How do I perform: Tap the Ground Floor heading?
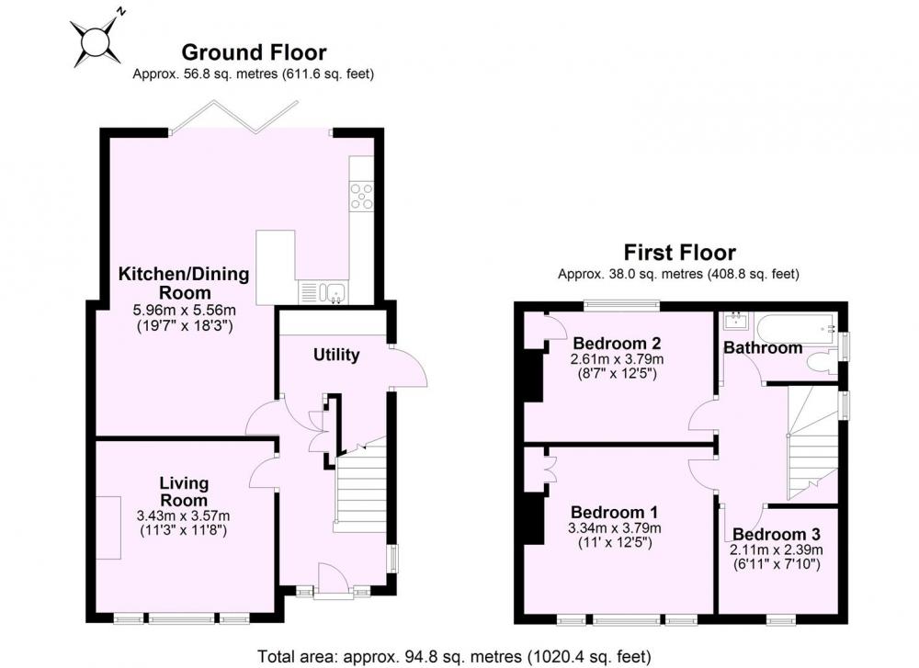click(254, 52)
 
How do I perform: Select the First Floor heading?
click(679, 253)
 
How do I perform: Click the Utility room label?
click(335, 355)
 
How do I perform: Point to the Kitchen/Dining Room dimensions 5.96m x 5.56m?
click(185, 310)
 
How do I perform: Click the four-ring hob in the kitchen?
click(361, 196)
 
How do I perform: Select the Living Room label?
click(184, 492)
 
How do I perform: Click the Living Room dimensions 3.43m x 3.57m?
click(184, 516)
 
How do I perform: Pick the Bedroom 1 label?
click(614, 512)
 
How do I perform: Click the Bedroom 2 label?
click(618, 343)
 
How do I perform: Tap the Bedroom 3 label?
click(776, 535)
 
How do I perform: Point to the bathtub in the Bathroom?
click(795, 326)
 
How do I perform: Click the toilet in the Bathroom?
click(822, 361)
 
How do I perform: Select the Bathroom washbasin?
click(734, 321)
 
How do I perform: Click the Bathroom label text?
click(763, 347)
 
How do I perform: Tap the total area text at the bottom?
click(454, 656)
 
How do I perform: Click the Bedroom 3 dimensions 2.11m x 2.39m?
click(776, 550)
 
